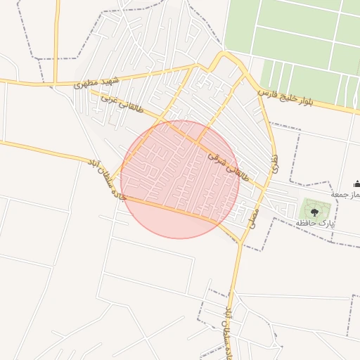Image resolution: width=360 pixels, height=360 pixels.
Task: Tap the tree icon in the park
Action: pos(314,208)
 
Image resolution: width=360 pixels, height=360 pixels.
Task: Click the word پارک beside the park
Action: pos(326,223)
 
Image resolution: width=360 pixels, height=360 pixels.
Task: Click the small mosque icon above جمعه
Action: pos(356,183)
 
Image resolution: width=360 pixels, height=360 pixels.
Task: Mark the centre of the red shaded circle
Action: pos(180,179)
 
